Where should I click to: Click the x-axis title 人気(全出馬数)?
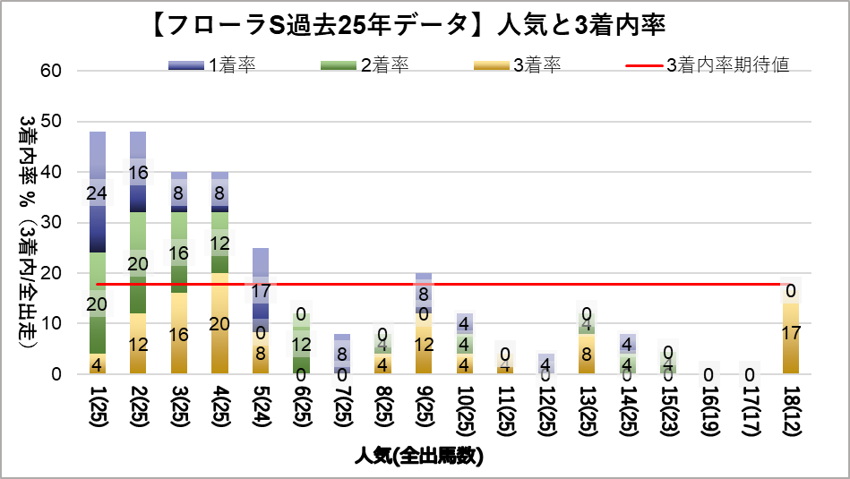point(424,457)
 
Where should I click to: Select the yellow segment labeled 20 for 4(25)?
point(220,323)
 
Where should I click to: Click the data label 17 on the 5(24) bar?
point(260,291)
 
